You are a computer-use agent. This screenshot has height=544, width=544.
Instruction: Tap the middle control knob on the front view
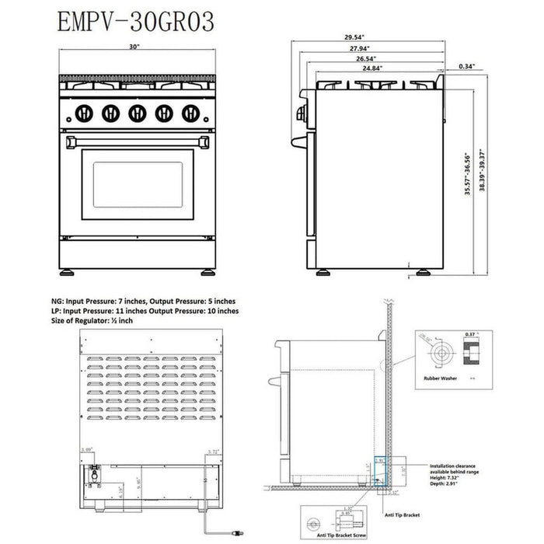[x=136, y=113]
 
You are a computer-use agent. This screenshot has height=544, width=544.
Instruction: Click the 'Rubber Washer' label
[x=439, y=380]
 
